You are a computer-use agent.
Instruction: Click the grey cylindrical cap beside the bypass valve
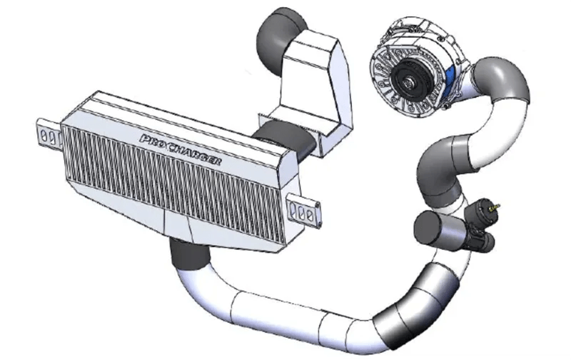coord(432,230)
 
